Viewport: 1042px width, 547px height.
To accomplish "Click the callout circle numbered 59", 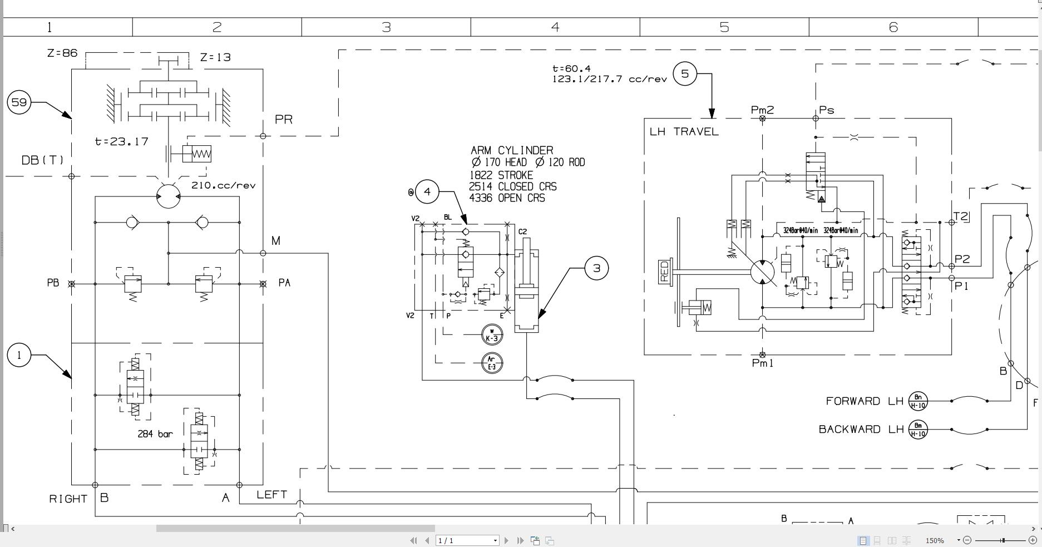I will (19, 102).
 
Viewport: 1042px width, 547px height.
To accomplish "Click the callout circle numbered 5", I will (685, 73).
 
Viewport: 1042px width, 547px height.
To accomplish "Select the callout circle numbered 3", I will (596, 268).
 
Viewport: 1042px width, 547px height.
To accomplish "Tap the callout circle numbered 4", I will (427, 192).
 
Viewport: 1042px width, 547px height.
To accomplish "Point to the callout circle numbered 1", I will (19, 355).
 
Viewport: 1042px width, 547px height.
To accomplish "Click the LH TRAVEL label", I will (684, 132).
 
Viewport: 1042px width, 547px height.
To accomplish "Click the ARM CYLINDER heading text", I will (512, 150).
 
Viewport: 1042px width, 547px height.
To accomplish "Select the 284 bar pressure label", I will (155, 434).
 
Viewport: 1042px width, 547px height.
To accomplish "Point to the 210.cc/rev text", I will (223, 185).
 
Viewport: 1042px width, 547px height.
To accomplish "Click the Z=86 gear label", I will (62, 53).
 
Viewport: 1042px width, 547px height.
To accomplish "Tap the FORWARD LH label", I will (864, 401).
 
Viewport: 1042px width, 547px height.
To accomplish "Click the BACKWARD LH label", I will (861, 429).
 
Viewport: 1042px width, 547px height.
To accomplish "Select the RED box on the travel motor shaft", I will (664, 272).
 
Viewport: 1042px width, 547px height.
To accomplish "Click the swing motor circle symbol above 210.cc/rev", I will (168, 196).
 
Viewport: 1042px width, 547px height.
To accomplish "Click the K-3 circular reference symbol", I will (492, 334).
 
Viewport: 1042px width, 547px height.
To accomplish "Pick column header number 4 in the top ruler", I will (555, 27).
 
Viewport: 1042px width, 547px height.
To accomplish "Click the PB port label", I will (53, 283).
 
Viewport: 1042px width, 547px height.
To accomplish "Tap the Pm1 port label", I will (762, 363).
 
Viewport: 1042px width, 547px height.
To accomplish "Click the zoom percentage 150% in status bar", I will (935, 540).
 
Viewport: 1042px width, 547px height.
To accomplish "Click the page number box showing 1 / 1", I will (466, 540).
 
